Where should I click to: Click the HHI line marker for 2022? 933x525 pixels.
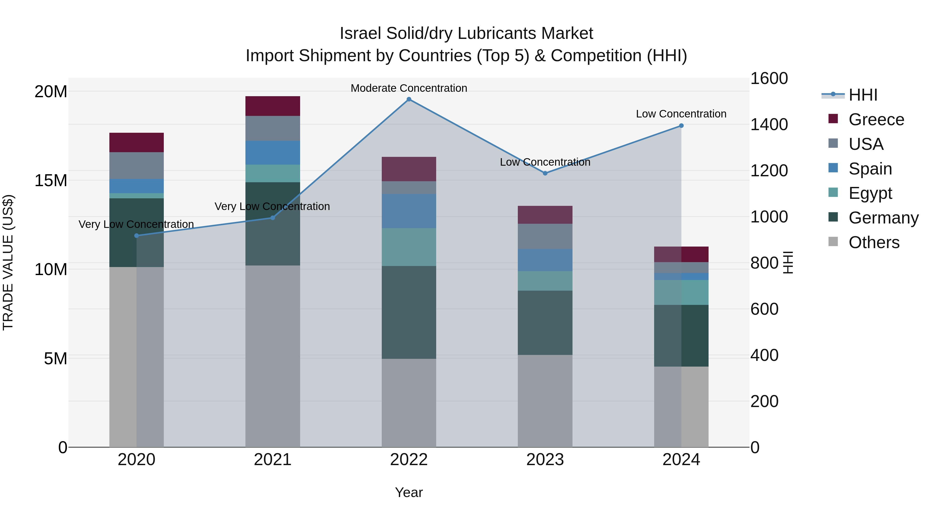pos(409,99)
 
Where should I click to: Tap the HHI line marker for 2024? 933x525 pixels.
pos(681,126)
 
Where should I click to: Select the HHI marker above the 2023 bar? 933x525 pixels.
pos(545,173)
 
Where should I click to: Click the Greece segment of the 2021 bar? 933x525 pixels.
pos(273,106)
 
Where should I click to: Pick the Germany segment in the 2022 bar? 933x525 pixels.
pos(409,312)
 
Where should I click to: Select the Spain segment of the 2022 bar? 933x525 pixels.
pos(409,211)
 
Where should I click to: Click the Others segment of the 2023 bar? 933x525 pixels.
pos(545,401)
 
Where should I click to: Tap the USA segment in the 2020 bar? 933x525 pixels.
pos(137,166)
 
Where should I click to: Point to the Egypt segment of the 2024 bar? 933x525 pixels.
pos(681,292)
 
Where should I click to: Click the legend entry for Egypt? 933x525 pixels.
pos(870,193)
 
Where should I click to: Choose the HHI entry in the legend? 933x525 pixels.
pos(863,95)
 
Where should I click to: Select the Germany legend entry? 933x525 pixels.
pos(883,218)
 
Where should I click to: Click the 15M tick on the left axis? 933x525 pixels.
pos(51,180)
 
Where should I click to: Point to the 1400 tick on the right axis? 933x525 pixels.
pos(769,125)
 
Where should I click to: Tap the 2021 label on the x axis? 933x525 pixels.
pos(273,460)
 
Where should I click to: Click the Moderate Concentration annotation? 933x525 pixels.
pos(409,88)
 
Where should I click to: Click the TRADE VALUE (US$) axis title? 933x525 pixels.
pos(8,262)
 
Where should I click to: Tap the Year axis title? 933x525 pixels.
pos(409,492)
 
